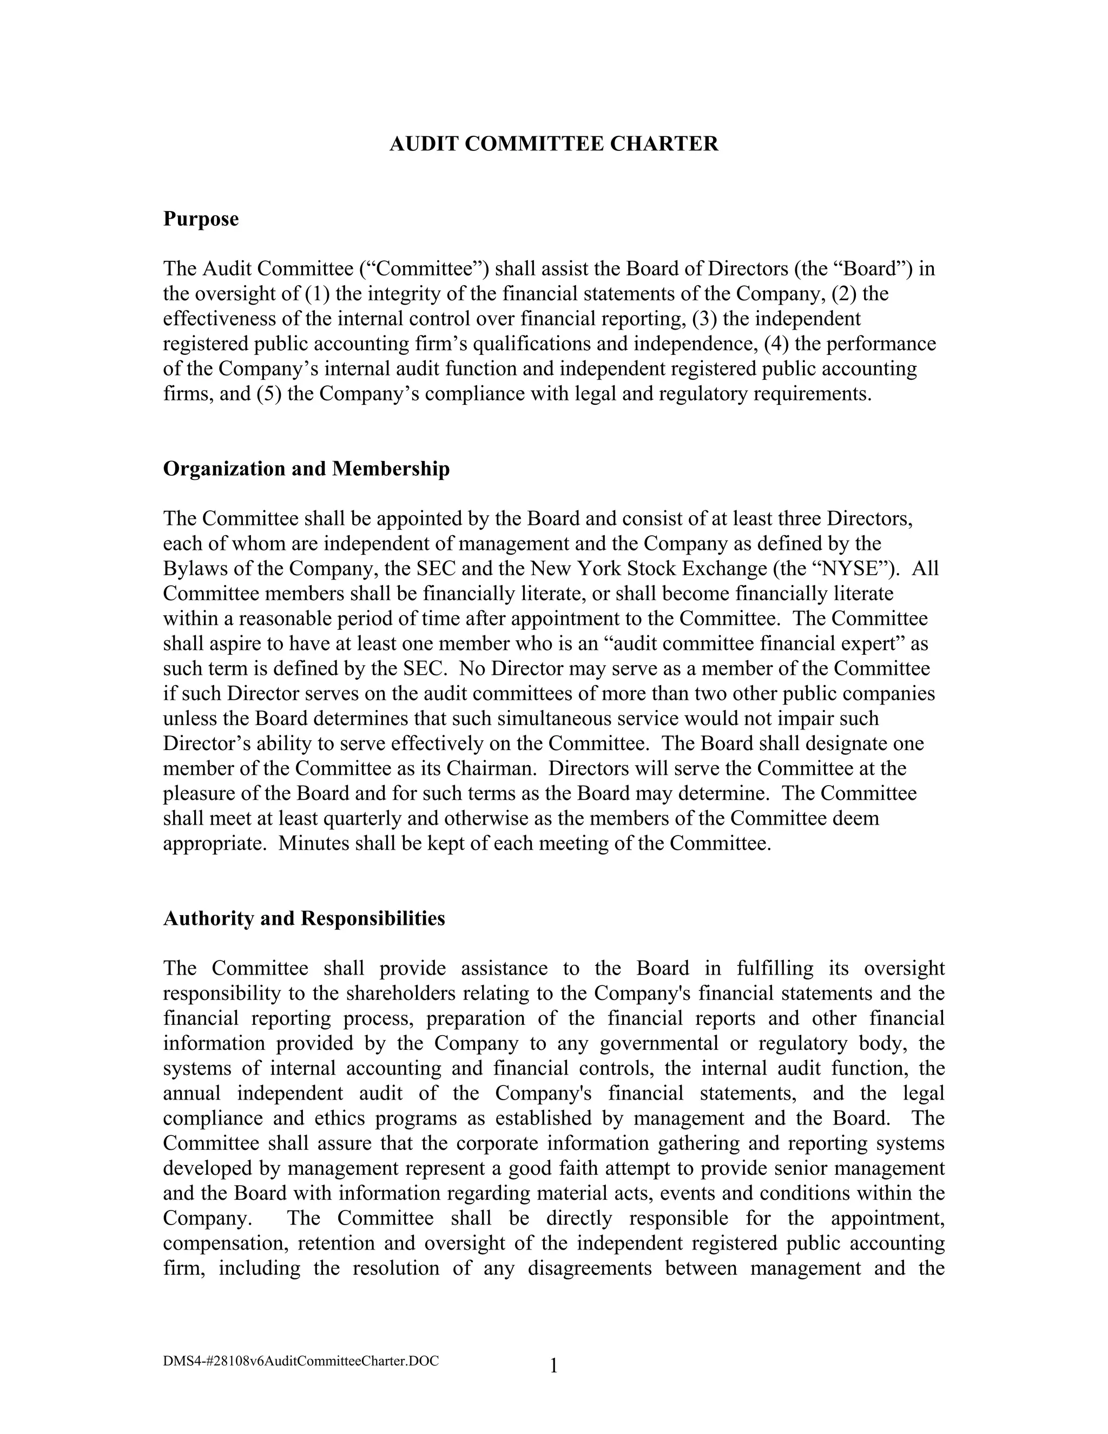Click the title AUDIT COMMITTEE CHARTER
(x=553, y=144)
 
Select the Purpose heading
(x=200, y=219)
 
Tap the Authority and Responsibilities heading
(x=304, y=918)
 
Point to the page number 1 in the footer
(x=553, y=1366)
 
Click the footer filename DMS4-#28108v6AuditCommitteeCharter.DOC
(x=301, y=1360)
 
